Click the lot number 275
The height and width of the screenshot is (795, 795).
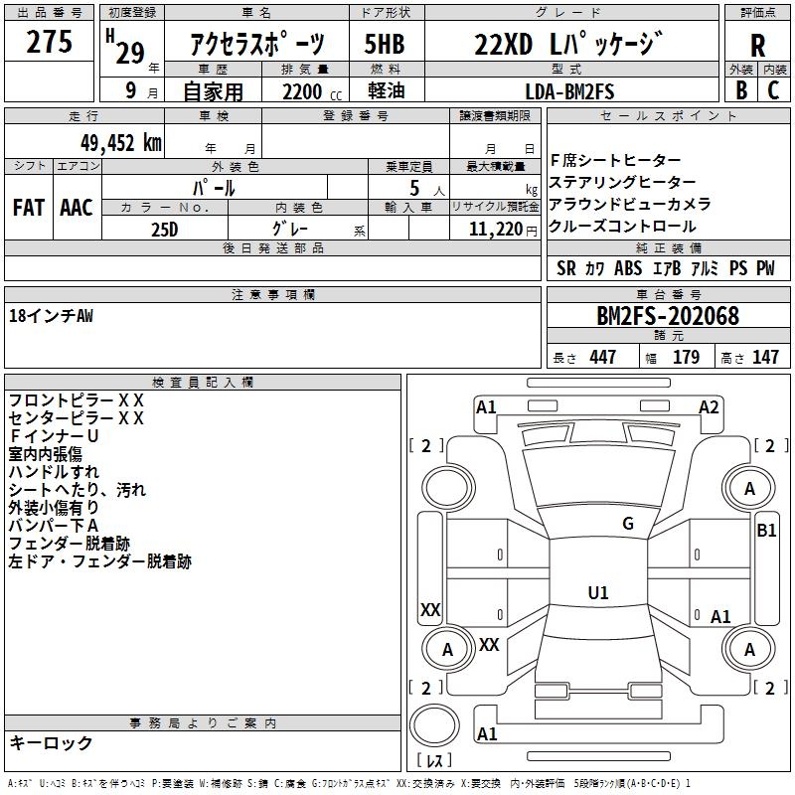point(50,44)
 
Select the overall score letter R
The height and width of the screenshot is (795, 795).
point(757,46)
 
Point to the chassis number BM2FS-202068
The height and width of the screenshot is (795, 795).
point(668,316)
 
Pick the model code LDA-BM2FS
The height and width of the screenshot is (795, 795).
point(570,92)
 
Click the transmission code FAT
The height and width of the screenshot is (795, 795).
point(28,208)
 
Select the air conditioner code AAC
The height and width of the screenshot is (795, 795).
point(76,208)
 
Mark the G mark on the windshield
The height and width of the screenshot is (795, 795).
point(627,524)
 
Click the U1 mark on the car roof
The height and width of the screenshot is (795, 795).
point(598,593)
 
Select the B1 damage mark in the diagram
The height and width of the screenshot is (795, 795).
point(766,531)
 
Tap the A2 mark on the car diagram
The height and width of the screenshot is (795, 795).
point(709,406)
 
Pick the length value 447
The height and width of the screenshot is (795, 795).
point(602,358)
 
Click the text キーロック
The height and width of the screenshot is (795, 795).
point(51,742)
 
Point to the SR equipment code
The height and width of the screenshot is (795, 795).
point(566,268)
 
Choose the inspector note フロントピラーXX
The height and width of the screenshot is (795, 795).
point(77,400)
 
